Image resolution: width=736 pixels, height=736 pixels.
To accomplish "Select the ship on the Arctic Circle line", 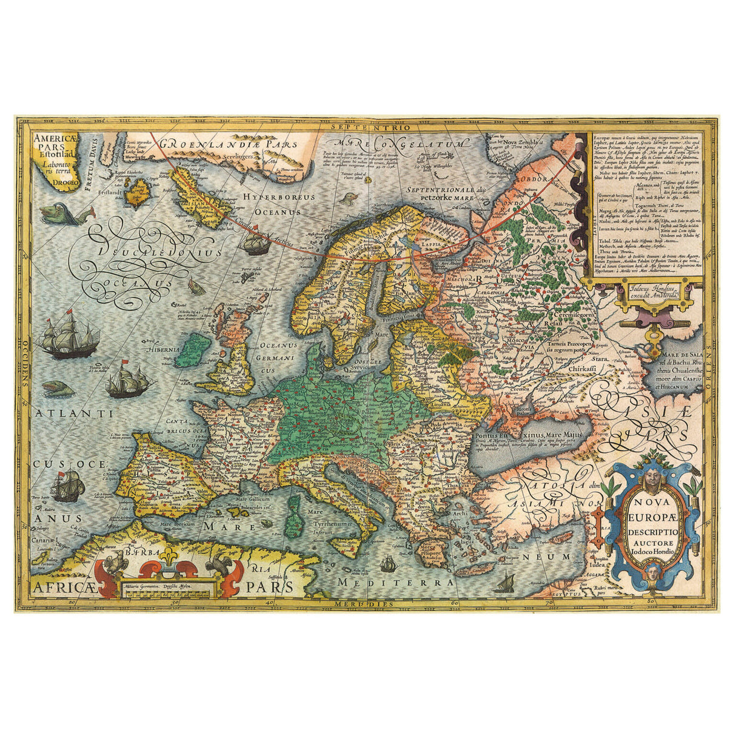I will pyautogui.click(x=255, y=243).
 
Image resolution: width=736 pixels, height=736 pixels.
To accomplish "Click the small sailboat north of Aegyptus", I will pyautogui.click(x=503, y=584).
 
